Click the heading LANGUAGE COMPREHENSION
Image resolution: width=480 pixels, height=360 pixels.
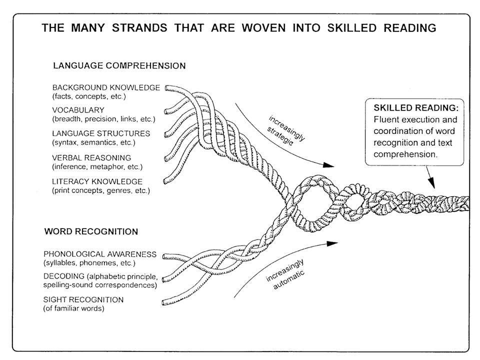(119, 65)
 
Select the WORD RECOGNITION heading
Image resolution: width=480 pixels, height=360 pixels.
(91, 231)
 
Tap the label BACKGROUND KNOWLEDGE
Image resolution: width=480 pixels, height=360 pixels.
(106, 87)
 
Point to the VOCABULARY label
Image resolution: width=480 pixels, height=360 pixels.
(78, 110)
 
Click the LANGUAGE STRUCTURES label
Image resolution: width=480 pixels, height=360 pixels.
(101, 133)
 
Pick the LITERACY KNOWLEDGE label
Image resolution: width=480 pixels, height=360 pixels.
(97, 181)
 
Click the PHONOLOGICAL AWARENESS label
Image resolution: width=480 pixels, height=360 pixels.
(106, 254)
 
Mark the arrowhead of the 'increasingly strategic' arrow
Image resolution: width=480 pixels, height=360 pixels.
(328, 164)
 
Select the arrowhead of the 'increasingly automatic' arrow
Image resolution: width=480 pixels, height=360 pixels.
(332, 243)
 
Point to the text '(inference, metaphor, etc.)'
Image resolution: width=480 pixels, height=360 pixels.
(97, 166)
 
